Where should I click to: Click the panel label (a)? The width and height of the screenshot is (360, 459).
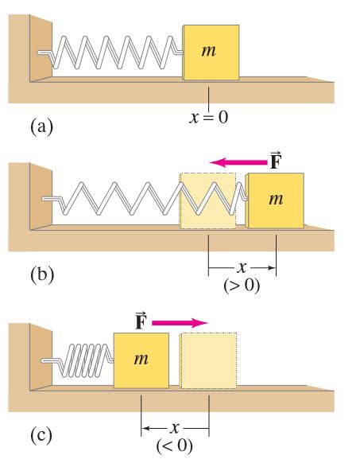click(x=42, y=126)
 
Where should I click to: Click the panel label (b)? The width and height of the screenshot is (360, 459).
click(x=42, y=274)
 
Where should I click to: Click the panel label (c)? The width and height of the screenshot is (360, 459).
click(x=41, y=435)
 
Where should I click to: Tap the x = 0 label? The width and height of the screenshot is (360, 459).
click(x=209, y=118)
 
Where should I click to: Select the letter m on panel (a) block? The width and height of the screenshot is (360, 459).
click(x=208, y=51)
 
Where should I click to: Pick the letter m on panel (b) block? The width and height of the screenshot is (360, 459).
click(x=276, y=200)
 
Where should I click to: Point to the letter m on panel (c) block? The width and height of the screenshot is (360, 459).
click(x=141, y=359)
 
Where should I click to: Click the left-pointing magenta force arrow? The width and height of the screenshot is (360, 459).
click(x=238, y=161)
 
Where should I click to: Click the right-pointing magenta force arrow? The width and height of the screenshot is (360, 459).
click(x=180, y=323)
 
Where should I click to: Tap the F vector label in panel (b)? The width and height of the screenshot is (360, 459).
click(x=275, y=161)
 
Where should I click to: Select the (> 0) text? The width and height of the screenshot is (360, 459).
click(x=242, y=286)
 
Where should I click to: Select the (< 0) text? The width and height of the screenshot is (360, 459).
click(x=175, y=445)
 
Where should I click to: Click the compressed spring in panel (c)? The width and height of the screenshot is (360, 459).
click(x=77, y=360)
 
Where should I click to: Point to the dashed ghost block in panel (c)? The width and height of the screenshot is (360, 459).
click(x=208, y=360)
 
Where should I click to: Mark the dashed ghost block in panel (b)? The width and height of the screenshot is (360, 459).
click(x=207, y=200)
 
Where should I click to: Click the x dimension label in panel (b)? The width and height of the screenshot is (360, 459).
click(x=242, y=267)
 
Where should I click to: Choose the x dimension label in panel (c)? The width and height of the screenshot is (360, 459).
click(x=175, y=428)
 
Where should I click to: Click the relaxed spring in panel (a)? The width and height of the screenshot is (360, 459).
click(x=110, y=53)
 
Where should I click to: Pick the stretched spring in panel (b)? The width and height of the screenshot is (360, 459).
click(x=145, y=199)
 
